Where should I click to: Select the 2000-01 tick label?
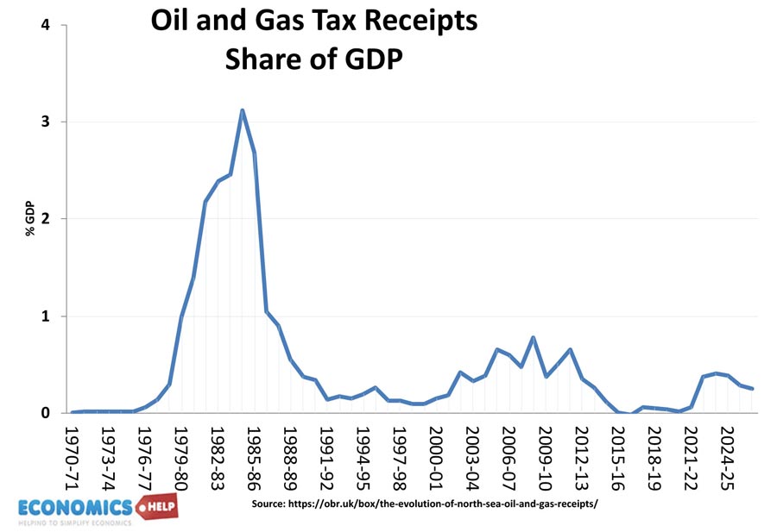(440, 452)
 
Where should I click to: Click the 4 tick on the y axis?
(45, 25)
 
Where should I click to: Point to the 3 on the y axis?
(45, 122)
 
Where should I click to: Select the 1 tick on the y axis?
(45, 316)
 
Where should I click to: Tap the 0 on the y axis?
(45, 413)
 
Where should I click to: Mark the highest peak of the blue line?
(243, 110)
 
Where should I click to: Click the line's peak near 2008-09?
(533, 337)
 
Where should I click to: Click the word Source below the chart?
(273, 503)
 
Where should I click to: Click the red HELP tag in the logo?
(155, 506)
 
